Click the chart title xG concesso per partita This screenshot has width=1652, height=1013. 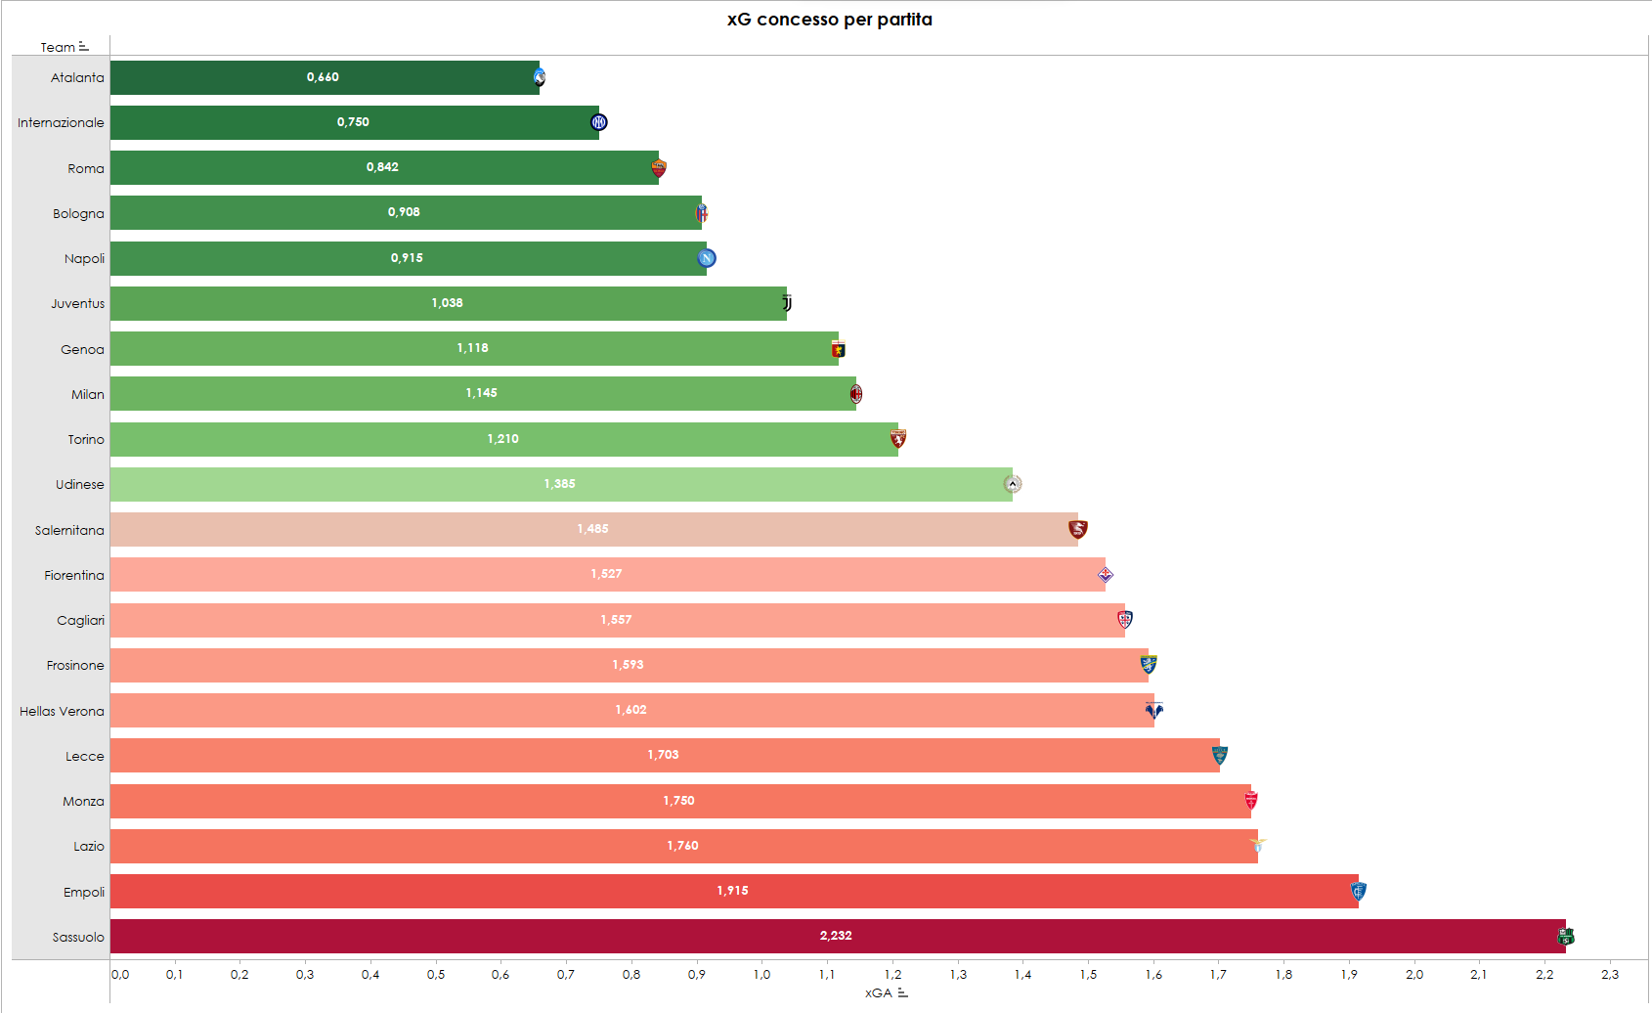coord(829,20)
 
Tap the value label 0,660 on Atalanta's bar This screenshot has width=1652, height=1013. coord(323,77)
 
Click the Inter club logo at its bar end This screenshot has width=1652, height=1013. coord(599,122)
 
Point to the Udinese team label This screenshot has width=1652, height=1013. coord(79,484)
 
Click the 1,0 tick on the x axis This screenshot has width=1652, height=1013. coord(761,974)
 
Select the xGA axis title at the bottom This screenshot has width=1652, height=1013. coord(879,992)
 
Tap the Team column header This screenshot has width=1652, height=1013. coord(58,47)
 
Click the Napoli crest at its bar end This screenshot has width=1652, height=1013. coord(707,258)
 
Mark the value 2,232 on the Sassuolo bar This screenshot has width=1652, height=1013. coord(836,936)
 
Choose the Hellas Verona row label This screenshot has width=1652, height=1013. coord(62,711)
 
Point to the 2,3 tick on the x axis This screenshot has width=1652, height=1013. coord(1609,974)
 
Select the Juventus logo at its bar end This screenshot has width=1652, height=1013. coord(787,303)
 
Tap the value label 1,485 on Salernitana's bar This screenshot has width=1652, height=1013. coord(592,529)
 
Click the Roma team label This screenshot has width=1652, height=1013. coord(86,168)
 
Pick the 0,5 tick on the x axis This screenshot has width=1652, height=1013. coord(436,974)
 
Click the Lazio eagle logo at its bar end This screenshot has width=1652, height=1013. coord(1257,844)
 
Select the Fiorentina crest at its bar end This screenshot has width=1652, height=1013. coord(1106,575)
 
